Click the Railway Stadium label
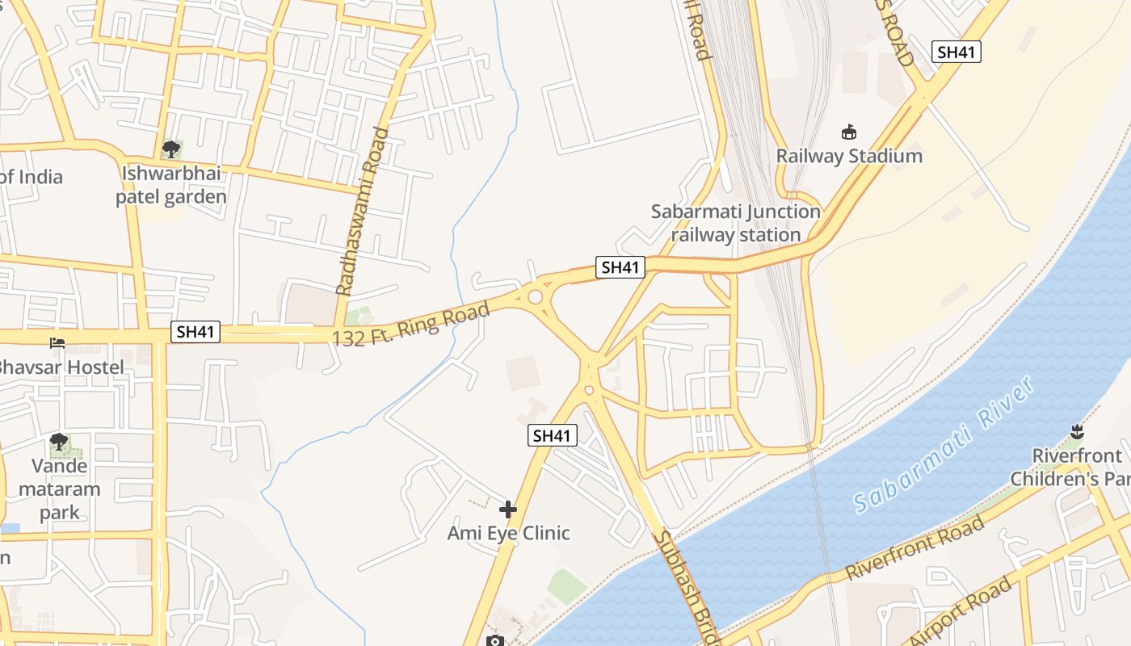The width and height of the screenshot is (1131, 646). pyautogui.click(x=849, y=156)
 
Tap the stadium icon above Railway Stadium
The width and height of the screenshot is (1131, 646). pyautogui.click(x=849, y=132)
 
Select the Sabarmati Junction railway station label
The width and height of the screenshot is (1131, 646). pyautogui.click(x=735, y=223)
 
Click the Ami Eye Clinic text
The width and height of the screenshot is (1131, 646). pyautogui.click(x=509, y=533)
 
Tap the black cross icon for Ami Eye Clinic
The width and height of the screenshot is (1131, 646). pyautogui.click(x=508, y=510)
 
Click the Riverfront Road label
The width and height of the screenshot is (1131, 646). pyautogui.click(x=915, y=547)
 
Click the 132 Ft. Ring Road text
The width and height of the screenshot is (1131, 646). pyautogui.click(x=411, y=324)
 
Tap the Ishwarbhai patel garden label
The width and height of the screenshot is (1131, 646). pyautogui.click(x=171, y=185)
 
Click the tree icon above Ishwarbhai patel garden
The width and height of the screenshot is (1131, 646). pyautogui.click(x=170, y=149)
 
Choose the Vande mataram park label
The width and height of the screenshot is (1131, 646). pyautogui.click(x=60, y=489)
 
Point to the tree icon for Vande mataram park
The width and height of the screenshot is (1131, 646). pyautogui.click(x=58, y=442)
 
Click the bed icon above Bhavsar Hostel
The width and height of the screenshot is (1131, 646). pyautogui.click(x=57, y=343)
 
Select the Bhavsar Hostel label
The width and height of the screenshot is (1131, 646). pyautogui.click(x=60, y=367)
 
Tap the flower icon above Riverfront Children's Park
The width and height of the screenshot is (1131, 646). pyautogui.click(x=1076, y=430)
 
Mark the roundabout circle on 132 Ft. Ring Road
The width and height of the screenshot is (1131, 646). pyautogui.click(x=535, y=297)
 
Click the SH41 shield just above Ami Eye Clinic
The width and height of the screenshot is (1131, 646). pyautogui.click(x=553, y=435)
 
